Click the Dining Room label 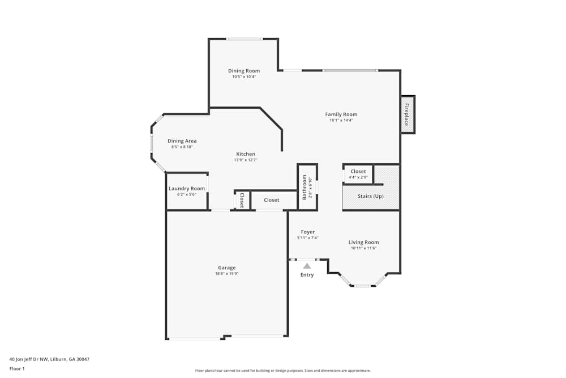click(x=244, y=71)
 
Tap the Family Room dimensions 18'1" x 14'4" click(x=341, y=120)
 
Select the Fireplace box click(x=407, y=114)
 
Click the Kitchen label click(x=246, y=154)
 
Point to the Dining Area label click(x=182, y=141)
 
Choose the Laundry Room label click(x=186, y=189)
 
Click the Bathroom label click(x=305, y=187)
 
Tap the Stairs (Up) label click(x=370, y=196)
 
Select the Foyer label click(x=307, y=232)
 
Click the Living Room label click(x=363, y=243)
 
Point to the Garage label click(x=226, y=267)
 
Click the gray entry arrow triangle click(x=307, y=265)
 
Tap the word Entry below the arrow click(x=307, y=275)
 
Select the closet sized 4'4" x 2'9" click(x=358, y=174)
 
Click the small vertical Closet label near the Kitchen click(x=242, y=199)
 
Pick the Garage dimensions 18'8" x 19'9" click(x=226, y=274)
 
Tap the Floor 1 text click(x=17, y=368)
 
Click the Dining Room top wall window click(x=245, y=39)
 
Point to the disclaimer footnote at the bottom click(x=282, y=370)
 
